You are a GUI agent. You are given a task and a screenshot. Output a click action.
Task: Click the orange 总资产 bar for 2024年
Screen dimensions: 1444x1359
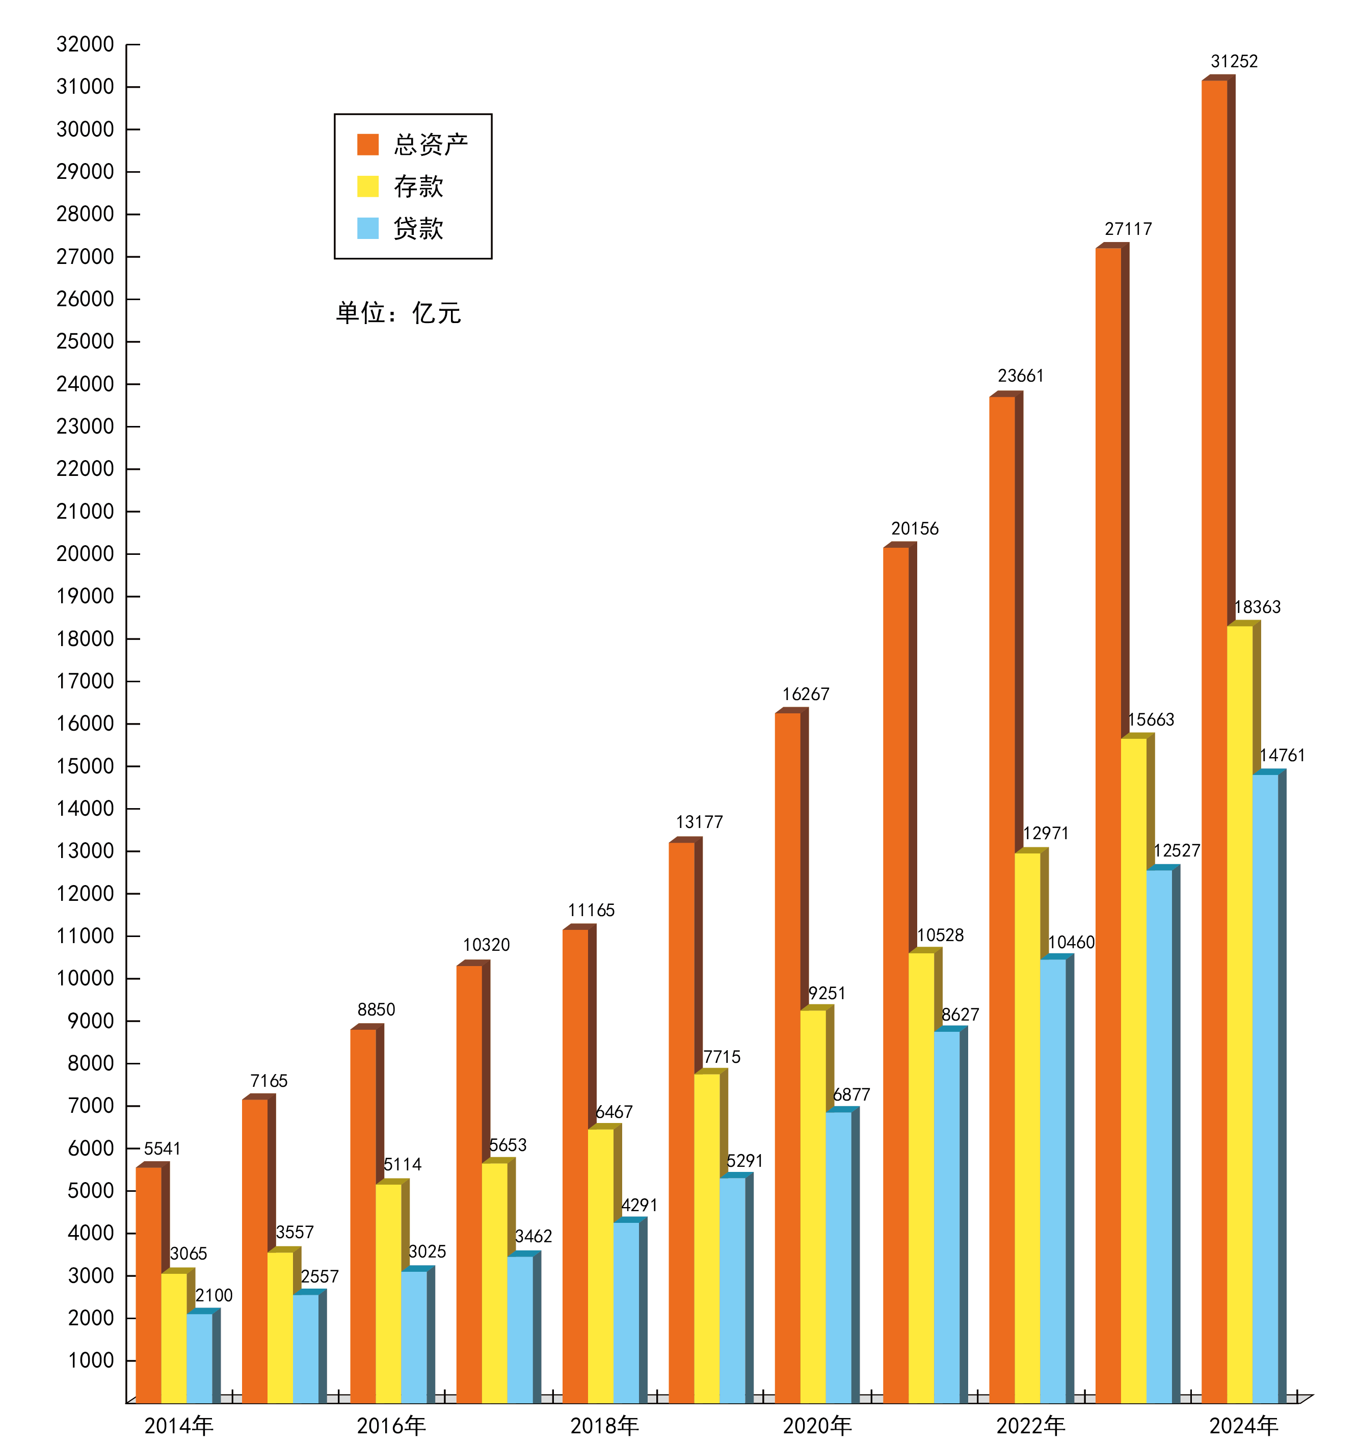pyautogui.click(x=1214, y=727)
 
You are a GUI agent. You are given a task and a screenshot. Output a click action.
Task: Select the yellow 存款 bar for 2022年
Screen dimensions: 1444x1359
pyautogui.click(x=1028, y=1126)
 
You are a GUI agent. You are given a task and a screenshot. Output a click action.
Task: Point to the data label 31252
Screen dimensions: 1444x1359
pyautogui.click(x=1234, y=62)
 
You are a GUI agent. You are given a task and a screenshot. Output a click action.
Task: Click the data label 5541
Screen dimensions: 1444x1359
pyautogui.click(x=162, y=1148)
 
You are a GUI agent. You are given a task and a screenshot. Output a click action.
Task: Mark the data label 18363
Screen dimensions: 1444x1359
pyautogui.click(x=1257, y=607)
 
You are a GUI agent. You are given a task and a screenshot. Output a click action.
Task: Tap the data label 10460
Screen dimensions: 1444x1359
pyautogui.click(x=1071, y=943)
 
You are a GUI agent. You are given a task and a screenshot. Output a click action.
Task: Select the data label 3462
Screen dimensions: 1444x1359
pyautogui.click(x=533, y=1236)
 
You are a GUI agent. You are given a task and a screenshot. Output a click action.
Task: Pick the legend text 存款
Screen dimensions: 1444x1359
pyautogui.click(x=418, y=186)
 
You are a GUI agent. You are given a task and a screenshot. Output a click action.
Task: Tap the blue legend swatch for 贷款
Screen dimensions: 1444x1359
pyautogui.click(x=367, y=228)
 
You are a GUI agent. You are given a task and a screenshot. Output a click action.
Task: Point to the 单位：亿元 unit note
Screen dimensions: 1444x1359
pyautogui.click(x=398, y=313)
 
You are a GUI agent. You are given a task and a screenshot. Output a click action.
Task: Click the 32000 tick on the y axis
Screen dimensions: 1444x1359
pyautogui.click(x=85, y=44)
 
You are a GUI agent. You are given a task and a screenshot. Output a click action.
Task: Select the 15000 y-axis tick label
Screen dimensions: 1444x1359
pyautogui.click(x=85, y=766)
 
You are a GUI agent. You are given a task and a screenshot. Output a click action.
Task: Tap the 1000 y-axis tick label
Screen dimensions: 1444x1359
pyautogui.click(x=91, y=1360)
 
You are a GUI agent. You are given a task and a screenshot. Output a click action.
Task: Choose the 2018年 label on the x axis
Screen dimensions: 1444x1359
pyautogui.click(x=604, y=1426)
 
